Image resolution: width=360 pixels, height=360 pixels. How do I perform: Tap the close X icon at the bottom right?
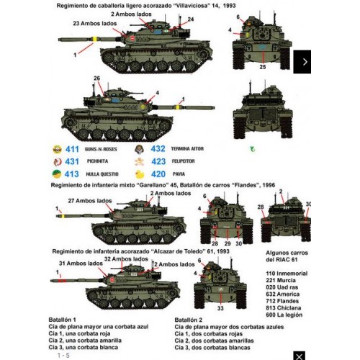pos(300,354)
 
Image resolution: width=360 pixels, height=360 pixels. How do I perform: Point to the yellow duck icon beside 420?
pos(141,174)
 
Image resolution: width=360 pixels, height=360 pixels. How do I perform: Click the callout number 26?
pos(96,78)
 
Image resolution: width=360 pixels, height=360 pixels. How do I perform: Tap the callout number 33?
pos(220,309)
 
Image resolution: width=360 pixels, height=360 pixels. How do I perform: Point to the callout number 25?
pos(262,67)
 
